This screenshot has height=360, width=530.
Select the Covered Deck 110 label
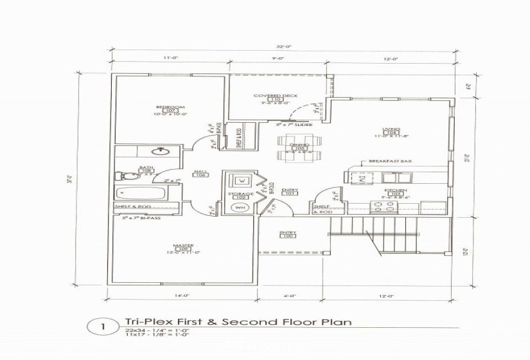[x=275, y=98]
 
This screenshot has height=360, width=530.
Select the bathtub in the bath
[x=143, y=194]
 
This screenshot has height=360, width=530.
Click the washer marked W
[x=240, y=180]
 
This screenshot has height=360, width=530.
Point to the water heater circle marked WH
[x=240, y=208]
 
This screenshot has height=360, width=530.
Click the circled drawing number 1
[x=102, y=327]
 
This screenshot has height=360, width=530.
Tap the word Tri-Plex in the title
[x=142, y=322]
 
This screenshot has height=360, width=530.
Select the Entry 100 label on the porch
[x=286, y=235]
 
